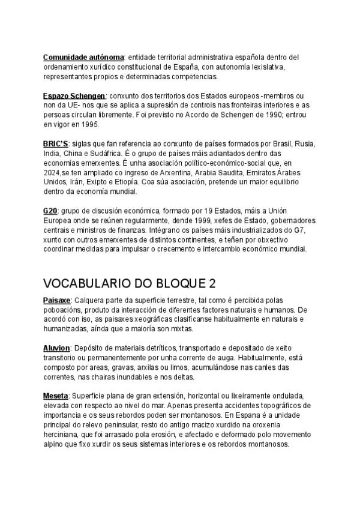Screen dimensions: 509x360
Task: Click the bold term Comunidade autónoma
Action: pos(83,57)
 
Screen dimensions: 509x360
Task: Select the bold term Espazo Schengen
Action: pos(74,96)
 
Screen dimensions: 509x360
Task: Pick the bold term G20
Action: pos(50,212)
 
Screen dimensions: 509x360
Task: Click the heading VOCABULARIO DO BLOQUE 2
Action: pos(130,283)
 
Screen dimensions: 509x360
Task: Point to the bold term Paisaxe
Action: pos(57,300)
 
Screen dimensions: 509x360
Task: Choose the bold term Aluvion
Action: pos(57,348)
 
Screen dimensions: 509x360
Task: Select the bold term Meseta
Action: pos(56,396)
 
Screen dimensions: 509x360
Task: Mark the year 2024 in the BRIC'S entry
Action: pos(52,173)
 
